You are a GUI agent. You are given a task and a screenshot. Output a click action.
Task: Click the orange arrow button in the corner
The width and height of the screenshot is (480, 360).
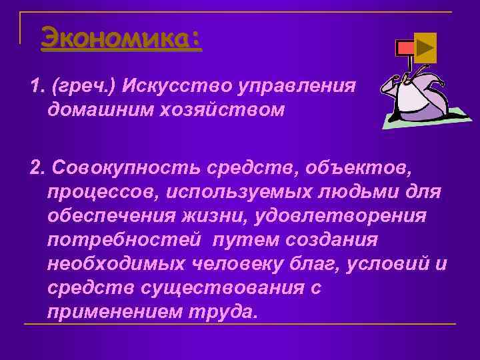[425, 47]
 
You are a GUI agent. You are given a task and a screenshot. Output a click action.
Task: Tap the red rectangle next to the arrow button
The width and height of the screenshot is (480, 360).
[404, 47]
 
